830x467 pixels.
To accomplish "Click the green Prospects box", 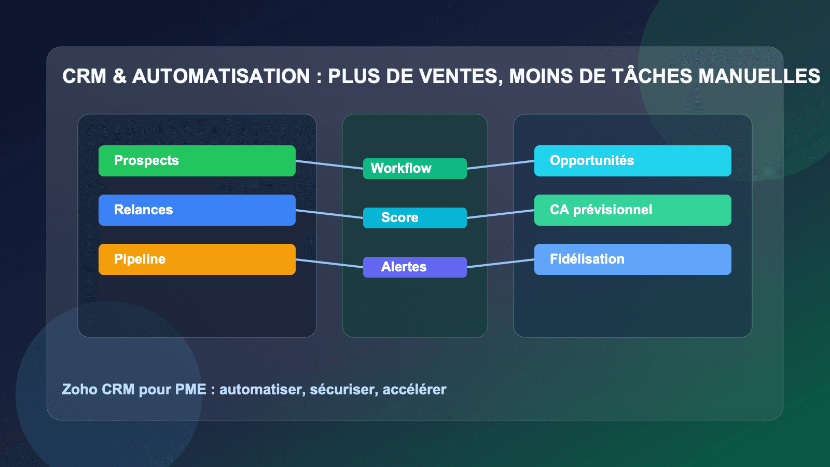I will click(x=197, y=161).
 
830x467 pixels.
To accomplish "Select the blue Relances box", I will click(x=197, y=210).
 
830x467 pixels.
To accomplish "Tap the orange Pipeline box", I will click(x=197, y=259).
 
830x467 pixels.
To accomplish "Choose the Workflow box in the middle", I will click(x=415, y=169).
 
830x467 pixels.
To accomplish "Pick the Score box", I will click(x=415, y=218).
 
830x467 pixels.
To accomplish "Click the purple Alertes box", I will click(x=415, y=267).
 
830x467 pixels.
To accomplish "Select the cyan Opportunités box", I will click(x=633, y=161).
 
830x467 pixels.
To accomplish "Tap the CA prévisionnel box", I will click(x=633, y=210).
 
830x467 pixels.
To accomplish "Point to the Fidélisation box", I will click(x=633, y=259).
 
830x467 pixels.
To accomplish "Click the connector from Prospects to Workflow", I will click(x=329, y=165).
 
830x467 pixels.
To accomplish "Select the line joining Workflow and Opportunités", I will click(x=501, y=165).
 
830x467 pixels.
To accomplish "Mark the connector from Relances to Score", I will click(x=329, y=214).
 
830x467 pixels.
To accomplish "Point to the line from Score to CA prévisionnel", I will click(x=501, y=214).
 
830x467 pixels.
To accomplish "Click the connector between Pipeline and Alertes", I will click(x=329, y=264).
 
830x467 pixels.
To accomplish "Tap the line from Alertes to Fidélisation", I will click(x=501, y=264).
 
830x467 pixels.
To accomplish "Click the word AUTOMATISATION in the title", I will click(x=221, y=76).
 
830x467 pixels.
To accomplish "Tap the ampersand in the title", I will click(x=119, y=76).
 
